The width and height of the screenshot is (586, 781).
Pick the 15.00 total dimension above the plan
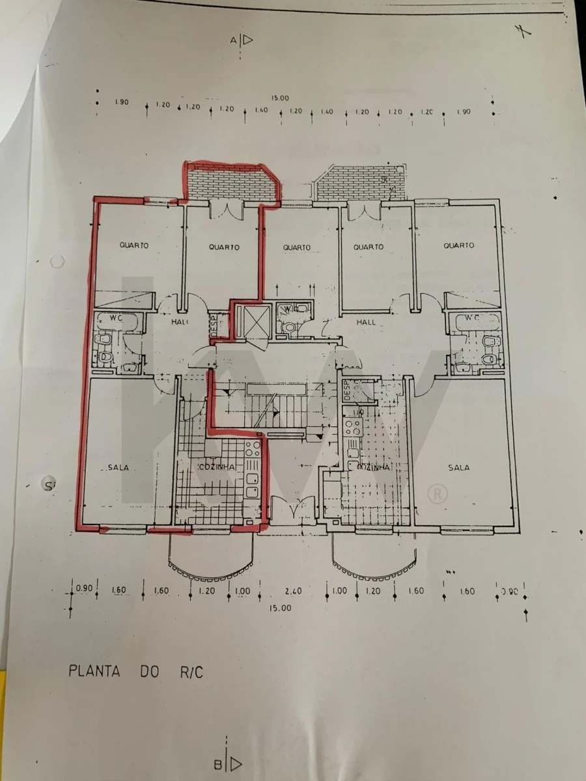(280, 98)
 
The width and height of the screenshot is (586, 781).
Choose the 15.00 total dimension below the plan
(282, 607)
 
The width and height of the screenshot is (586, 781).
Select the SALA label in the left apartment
(118, 467)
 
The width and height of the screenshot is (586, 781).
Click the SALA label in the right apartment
(459, 467)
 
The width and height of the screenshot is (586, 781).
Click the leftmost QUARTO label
(134, 245)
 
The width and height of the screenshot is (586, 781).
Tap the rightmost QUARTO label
(458, 245)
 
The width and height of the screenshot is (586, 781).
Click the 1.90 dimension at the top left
(121, 102)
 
